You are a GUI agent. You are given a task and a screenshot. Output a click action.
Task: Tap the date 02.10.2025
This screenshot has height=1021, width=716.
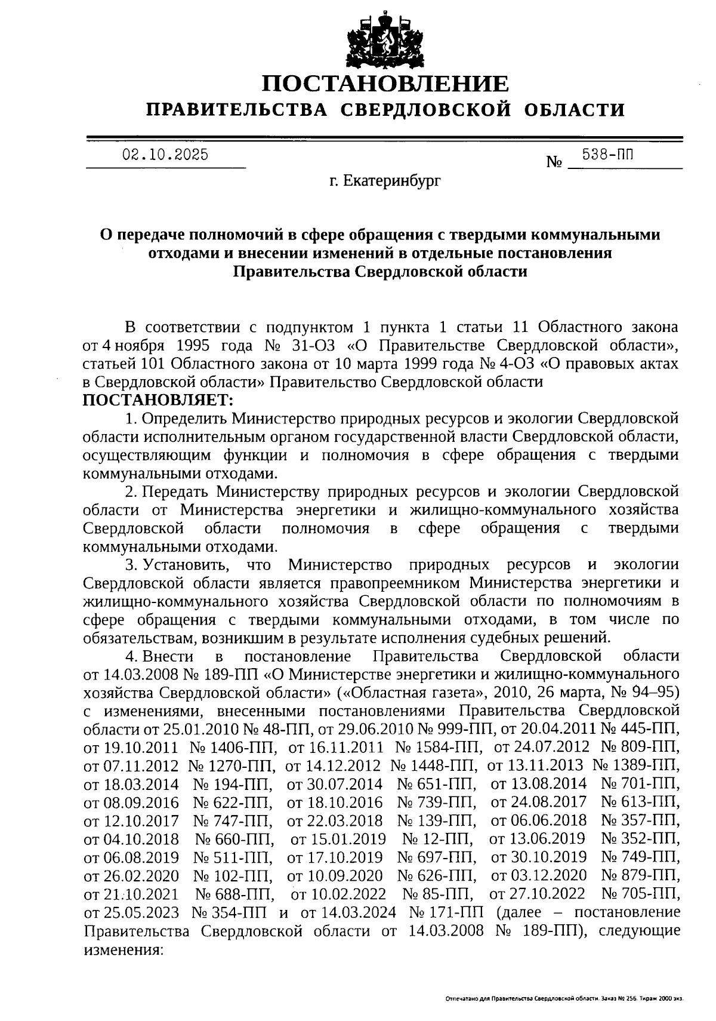tap(165, 155)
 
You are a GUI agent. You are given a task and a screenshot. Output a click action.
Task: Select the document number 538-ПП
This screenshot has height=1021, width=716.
tap(608, 155)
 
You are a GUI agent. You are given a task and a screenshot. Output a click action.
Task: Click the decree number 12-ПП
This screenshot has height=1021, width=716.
tap(447, 839)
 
